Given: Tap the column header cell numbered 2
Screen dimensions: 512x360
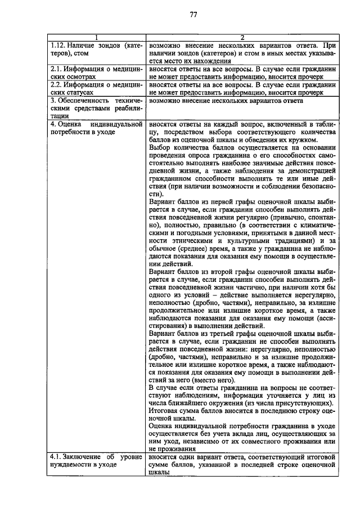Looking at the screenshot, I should click(242, 38).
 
